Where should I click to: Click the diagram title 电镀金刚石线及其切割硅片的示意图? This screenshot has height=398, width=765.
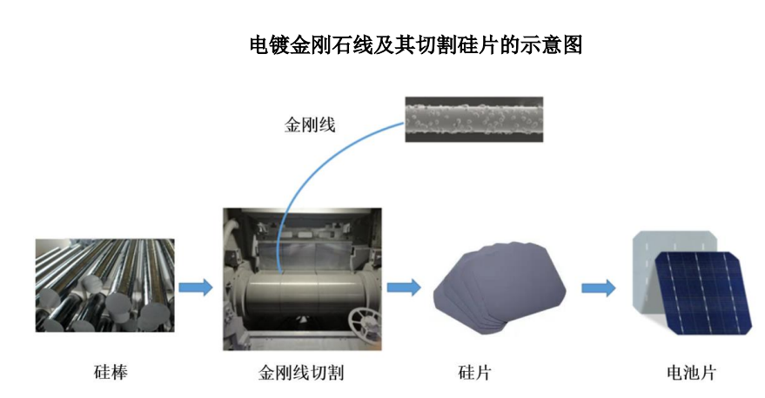[416, 45]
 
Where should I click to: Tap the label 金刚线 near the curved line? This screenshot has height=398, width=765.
[310, 125]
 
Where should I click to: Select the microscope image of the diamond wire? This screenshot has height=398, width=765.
[473, 119]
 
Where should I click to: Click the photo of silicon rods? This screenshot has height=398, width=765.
[105, 285]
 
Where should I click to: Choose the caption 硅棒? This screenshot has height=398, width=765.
[111, 372]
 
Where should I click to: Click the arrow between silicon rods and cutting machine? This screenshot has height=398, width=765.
[196, 287]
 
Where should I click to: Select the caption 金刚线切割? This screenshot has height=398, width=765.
[301, 373]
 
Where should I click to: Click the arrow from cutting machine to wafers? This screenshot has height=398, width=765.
[404, 287]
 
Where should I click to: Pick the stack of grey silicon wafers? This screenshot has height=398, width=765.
[499, 287]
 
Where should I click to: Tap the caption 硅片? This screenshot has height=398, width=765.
[474, 373]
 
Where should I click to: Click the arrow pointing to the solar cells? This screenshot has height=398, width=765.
[599, 287]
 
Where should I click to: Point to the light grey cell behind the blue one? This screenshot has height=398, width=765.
[644, 273]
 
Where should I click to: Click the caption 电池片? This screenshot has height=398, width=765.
[691, 373]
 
